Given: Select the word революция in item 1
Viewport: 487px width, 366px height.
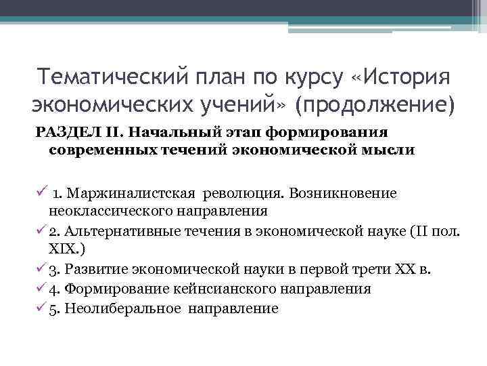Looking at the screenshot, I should coord(242,193).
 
